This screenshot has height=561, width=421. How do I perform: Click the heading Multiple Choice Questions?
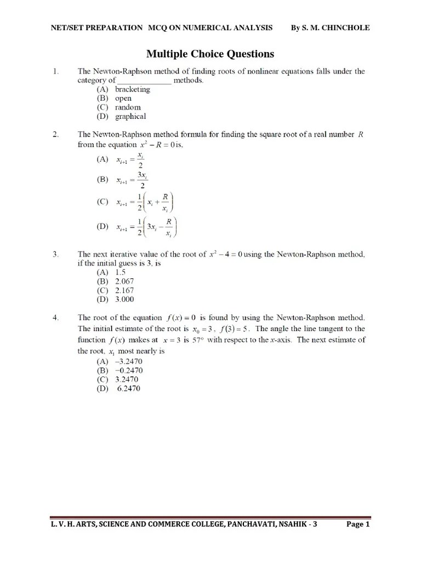(210, 54)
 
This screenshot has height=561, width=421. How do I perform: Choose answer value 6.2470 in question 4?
(128, 388)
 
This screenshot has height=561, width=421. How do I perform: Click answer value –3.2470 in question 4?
(129, 362)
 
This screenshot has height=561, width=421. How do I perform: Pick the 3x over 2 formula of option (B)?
(132, 180)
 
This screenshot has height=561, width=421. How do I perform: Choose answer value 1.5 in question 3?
(121, 272)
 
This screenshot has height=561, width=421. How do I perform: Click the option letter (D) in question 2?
(103, 226)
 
